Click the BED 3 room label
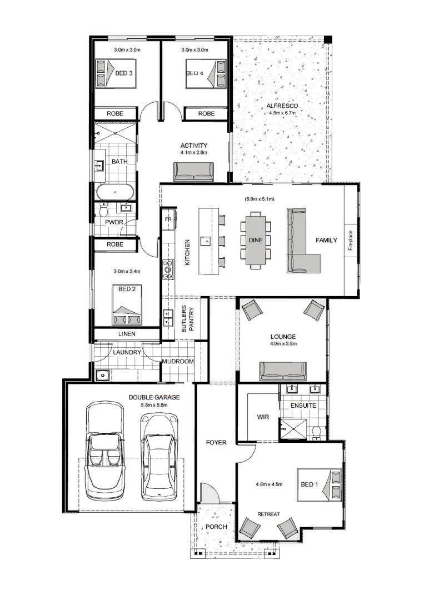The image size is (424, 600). click(x=123, y=73)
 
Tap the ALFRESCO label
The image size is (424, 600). click(x=282, y=106)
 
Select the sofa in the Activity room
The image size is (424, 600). click(x=193, y=172)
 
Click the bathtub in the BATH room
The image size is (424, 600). click(x=115, y=193)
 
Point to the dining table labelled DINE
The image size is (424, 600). click(x=255, y=241)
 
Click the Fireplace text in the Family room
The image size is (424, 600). click(x=351, y=241)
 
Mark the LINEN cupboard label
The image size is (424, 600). click(x=126, y=334)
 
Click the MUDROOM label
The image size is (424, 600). click(x=178, y=362)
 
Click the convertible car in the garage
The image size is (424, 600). click(x=105, y=450)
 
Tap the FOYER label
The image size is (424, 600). click(x=216, y=443)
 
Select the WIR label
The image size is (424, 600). click(x=263, y=416)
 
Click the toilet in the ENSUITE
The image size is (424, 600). click(x=316, y=432)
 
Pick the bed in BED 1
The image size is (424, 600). click(x=320, y=485)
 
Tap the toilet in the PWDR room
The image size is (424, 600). click(x=104, y=211)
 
